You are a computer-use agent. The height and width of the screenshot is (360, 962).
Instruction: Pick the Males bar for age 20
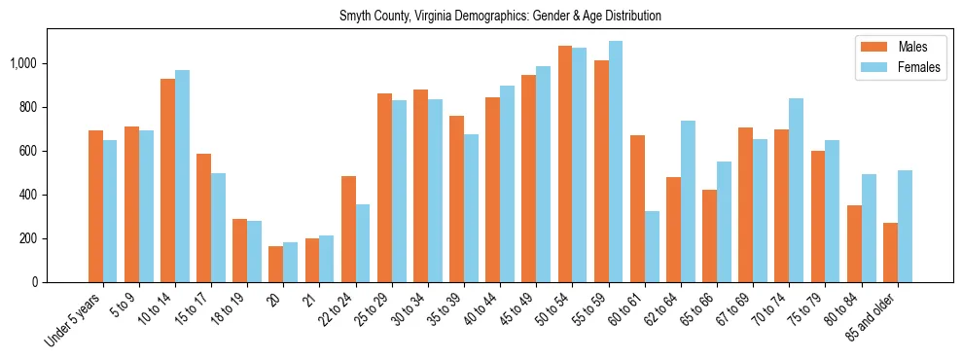pos(276,264)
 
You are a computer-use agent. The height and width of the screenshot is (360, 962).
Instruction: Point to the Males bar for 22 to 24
pos(348,229)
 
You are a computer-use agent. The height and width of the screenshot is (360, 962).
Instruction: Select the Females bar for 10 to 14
pos(182,176)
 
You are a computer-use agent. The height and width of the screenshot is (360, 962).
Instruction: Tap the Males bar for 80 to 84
pos(854,243)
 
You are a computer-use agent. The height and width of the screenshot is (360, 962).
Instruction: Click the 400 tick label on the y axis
pos(29,195)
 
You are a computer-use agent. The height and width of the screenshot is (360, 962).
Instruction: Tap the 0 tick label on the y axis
pos(36,282)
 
